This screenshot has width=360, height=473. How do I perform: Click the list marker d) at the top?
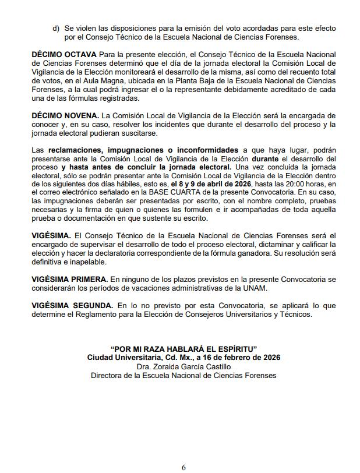(x=56, y=28)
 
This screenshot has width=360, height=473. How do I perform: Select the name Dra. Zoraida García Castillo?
(x=183, y=366)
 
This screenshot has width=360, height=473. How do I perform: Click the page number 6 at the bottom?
(x=183, y=466)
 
